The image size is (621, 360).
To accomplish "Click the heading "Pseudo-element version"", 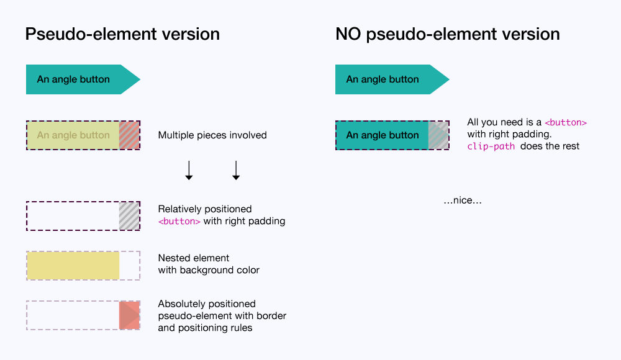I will pos(122,34).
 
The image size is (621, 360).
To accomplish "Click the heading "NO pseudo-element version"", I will pos(447,34).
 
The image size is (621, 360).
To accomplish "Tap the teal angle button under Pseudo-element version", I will pos(75,79).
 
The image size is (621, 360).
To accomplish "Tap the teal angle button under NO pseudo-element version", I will pos(384,79).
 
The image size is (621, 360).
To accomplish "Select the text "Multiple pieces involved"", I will pos(212,135).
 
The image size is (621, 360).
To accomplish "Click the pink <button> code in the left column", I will pos(179,221).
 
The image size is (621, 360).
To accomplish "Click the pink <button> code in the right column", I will pos(565,122).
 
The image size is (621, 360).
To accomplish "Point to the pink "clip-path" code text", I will pos(491,146).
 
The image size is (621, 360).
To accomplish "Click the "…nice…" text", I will pos(463,200).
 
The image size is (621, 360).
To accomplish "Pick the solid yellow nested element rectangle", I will pos(73,265).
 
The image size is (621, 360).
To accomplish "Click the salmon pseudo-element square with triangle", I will pos(129,315).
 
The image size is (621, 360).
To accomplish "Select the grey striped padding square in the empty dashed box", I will pos(129,216).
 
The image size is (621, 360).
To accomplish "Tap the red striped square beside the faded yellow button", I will pos(129,135).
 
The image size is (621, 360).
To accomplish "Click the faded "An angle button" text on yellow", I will pos(73,135).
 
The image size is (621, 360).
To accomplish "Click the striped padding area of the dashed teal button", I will pos(438,135).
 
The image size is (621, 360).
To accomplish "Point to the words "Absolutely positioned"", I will pos(207,304).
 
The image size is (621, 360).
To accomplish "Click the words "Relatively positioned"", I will pos(205,209).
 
